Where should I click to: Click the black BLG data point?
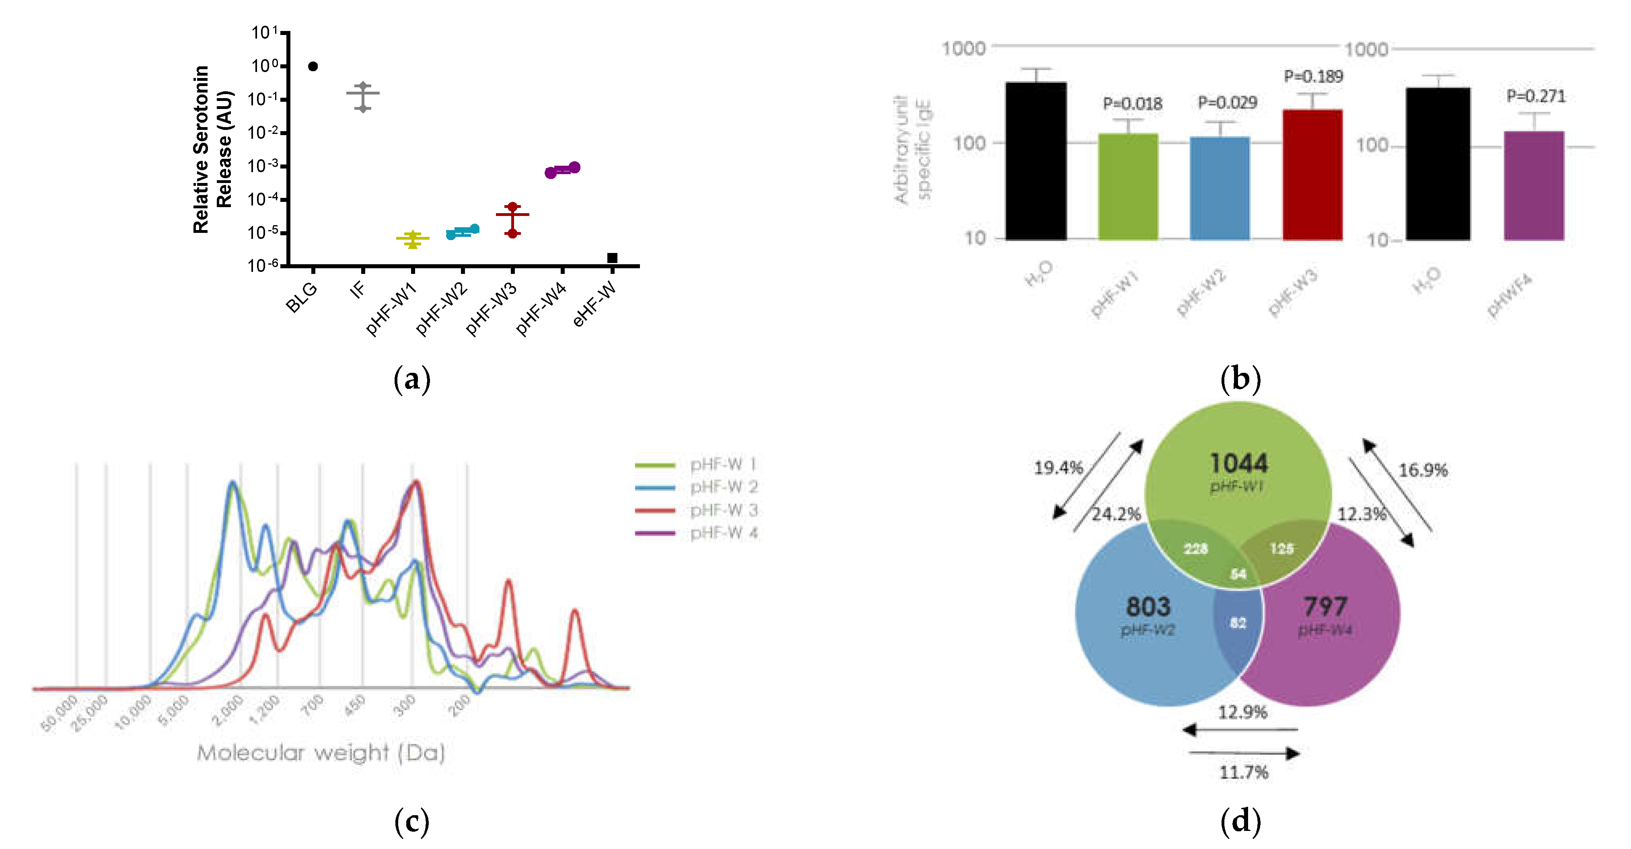(x=313, y=66)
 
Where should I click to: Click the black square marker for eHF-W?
(x=612, y=258)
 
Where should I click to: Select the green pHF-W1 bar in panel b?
(x=1128, y=187)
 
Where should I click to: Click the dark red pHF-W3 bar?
(x=1312, y=175)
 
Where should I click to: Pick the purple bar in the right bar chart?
(x=1534, y=185)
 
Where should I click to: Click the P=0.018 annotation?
(x=1132, y=104)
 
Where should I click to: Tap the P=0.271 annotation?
(x=1535, y=96)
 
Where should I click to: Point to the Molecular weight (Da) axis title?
(x=321, y=753)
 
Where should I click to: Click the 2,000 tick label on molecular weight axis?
(x=227, y=710)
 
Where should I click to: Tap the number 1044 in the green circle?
(x=1238, y=463)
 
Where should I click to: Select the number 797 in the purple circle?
(x=1325, y=606)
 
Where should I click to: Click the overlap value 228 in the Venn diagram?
(x=1196, y=549)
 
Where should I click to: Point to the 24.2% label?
(x=1116, y=514)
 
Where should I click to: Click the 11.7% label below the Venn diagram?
(x=1244, y=773)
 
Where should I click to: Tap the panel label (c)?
(x=411, y=821)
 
